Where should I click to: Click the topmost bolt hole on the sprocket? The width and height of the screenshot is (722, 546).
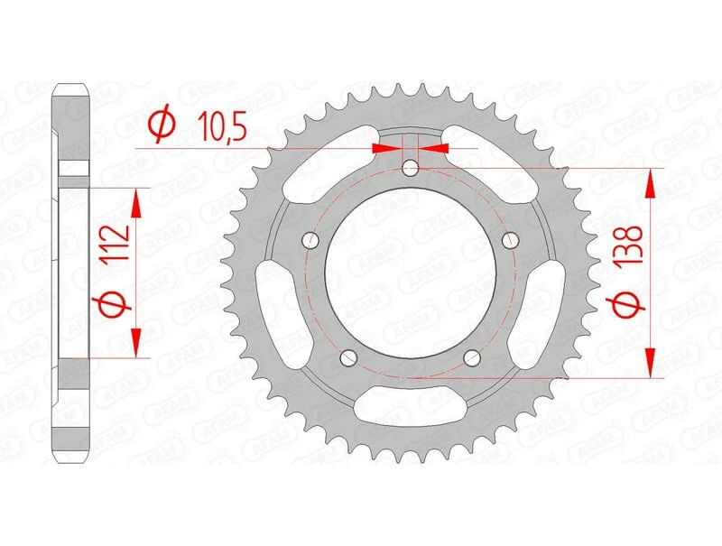(411, 167)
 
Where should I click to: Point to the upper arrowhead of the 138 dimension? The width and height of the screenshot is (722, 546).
(648, 184)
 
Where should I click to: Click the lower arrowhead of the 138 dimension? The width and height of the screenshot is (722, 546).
(648, 360)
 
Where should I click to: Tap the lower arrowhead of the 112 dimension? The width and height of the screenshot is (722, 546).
(136, 343)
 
